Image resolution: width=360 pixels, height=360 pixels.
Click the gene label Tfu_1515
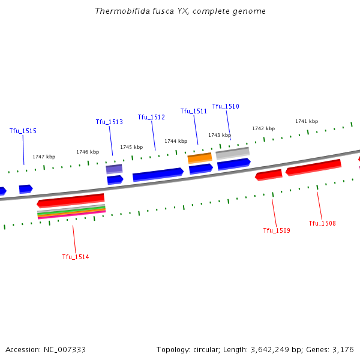(23, 131)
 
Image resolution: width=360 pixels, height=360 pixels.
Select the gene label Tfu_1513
(109, 122)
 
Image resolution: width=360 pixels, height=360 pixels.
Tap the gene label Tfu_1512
(151, 117)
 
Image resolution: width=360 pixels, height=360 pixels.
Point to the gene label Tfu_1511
(194, 111)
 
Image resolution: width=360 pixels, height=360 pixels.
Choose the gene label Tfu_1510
(226, 106)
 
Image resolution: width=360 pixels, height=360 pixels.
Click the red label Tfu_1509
(277, 230)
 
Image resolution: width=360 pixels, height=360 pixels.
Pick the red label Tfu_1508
(322, 223)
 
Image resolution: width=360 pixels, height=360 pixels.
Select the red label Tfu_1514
(76, 257)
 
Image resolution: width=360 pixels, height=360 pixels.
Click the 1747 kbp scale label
(44, 157)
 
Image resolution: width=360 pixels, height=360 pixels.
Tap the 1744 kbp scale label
(176, 141)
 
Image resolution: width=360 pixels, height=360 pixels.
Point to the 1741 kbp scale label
(306, 121)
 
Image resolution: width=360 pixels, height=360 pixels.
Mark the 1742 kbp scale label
(263, 128)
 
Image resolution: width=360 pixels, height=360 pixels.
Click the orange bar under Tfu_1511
(200, 158)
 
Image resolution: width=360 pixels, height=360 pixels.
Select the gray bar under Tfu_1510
(232, 152)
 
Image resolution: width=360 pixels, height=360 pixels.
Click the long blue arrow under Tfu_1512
(158, 174)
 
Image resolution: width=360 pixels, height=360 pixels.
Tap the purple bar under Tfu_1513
(114, 169)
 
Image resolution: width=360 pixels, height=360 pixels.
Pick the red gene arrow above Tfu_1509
(269, 175)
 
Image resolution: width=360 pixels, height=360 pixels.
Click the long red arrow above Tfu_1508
(313, 167)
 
